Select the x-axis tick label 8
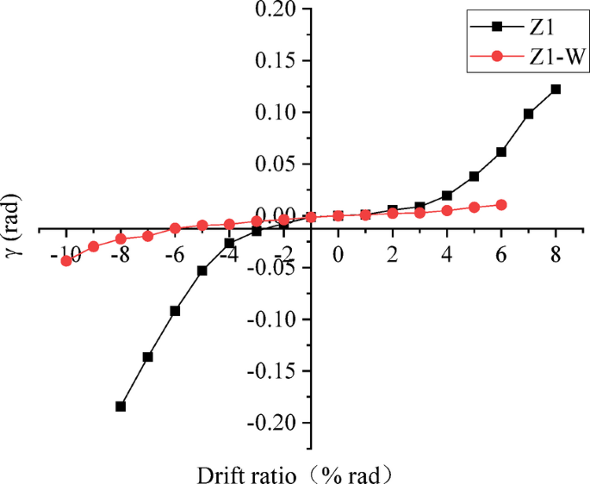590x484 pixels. [x=556, y=256]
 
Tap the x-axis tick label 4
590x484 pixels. [x=447, y=256]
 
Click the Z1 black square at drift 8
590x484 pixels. [x=556, y=89]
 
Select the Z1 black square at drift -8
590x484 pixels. [x=121, y=406]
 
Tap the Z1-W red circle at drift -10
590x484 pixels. [x=65, y=260]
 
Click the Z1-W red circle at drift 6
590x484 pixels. [x=501, y=205]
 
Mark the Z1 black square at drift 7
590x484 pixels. [x=529, y=114]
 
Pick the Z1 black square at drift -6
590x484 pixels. [x=175, y=311]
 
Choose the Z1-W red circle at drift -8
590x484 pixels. [x=121, y=239]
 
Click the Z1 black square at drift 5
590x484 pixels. [x=475, y=177]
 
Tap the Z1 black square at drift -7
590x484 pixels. [x=148, y=357]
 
